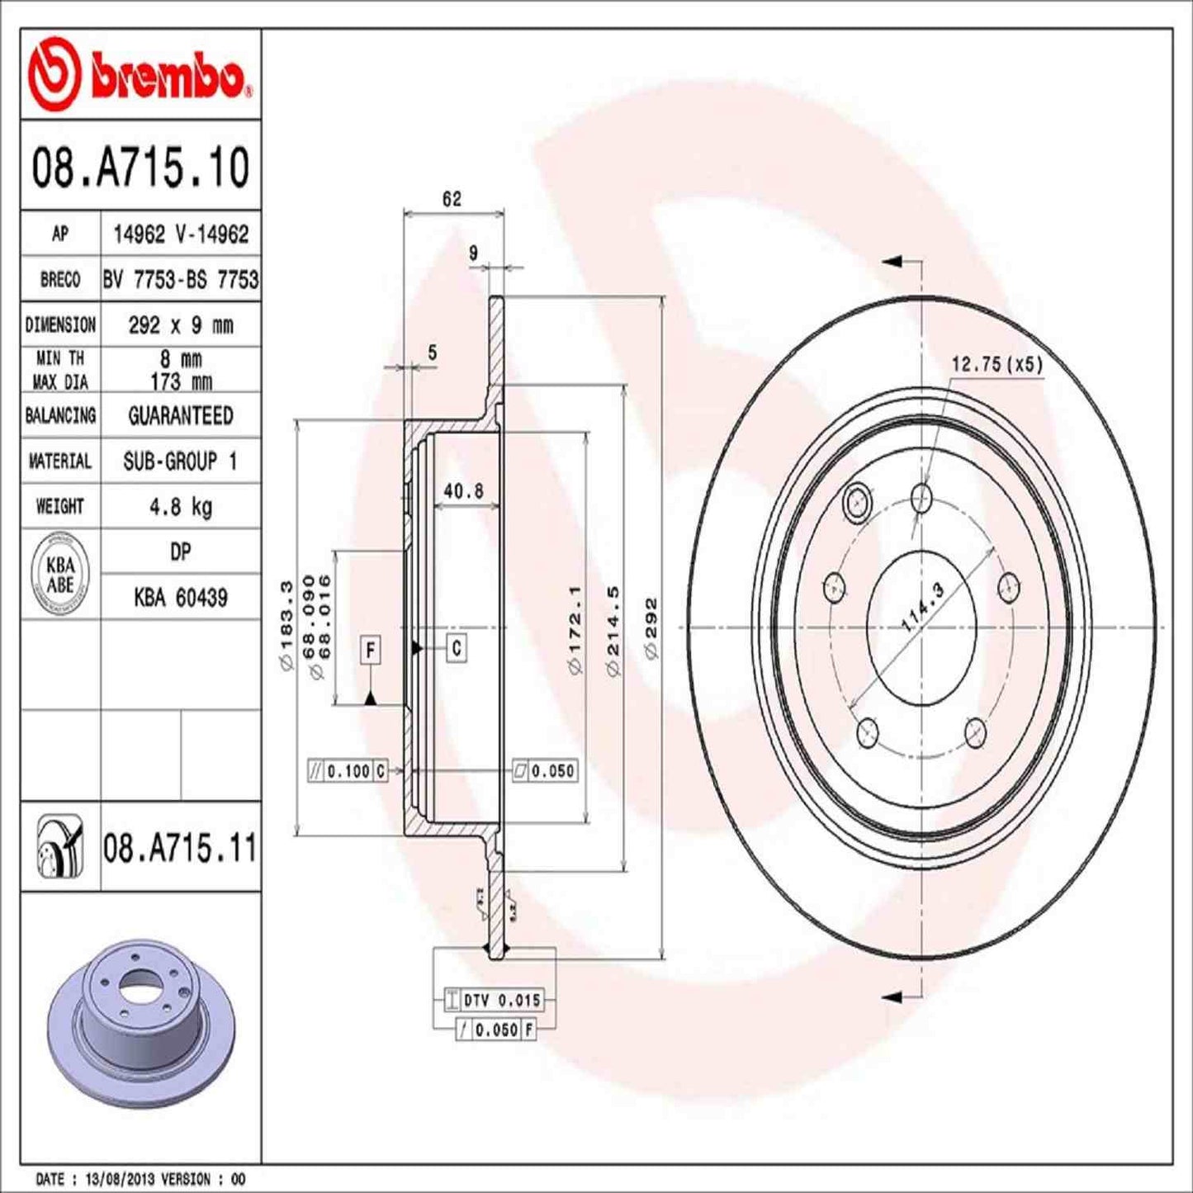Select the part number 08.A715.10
[140, 167]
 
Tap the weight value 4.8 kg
[180, 506]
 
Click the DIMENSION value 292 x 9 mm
[180, 325]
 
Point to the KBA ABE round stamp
[60, 575]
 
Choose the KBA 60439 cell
[180, 597]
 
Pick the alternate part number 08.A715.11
[180, 848]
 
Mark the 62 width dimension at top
[452, 199]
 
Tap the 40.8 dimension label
[463, 491]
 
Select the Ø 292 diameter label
[651, 627]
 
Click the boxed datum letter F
[371, 651]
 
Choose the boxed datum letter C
[457, 648]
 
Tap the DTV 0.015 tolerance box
[494, 1000]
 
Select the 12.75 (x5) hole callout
[997, 364]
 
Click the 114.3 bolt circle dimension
[921, 608]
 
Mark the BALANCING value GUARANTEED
[180, 415]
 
